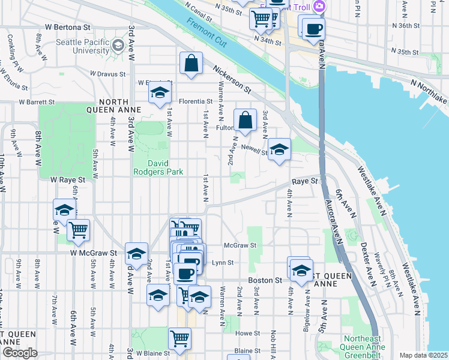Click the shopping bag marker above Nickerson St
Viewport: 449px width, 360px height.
click(x=190, y=64)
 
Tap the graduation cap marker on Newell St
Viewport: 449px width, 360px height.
click(x=279, y=150)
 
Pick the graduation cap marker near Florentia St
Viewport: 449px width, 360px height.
click(x=160, y=93)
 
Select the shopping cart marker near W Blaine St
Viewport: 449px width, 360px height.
click(x=179, y=338)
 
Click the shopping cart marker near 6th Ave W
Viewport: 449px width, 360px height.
click(x=78, y=230)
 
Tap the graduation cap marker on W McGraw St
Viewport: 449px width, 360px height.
click(x=137, y=254)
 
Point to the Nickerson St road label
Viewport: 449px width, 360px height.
click(x=231, y=79)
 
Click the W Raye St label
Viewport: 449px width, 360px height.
click(x=68, y=179)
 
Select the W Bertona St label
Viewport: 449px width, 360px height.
click(x=67, y=28)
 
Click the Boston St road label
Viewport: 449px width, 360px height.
click(x=265, y=280)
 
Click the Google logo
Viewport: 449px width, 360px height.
click(x=20, y=353)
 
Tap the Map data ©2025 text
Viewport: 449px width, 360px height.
click(x=423, y=355)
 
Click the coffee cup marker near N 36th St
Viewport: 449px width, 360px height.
click(x=313, y=29)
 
